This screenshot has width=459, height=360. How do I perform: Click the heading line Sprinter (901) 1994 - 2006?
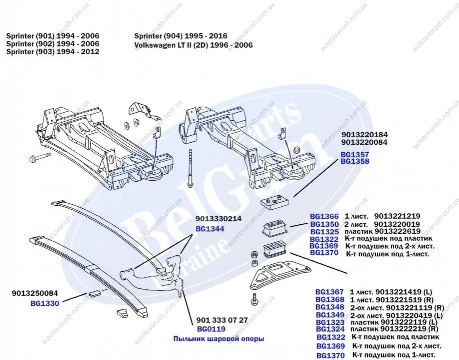(x=53, y=37)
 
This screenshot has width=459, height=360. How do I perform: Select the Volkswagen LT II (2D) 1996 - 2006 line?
(x=193, y=45)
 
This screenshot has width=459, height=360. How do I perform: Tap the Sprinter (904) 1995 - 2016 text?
(x=181, y=37)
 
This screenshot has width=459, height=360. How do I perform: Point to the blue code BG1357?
(x=355, y=155)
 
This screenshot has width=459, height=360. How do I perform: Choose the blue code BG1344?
(x=209, y=228)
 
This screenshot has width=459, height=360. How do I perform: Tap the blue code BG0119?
(x=211, y=329)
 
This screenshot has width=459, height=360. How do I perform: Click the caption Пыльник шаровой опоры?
(x=218, y=339)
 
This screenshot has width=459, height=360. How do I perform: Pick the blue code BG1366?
(x=324, y=216)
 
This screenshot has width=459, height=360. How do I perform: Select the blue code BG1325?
(x=324, y=232)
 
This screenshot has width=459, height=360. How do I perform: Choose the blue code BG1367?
(x=330, y=291)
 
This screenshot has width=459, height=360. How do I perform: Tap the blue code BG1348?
(x=330, y=307)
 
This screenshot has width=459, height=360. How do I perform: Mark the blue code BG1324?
(x=330, y=329)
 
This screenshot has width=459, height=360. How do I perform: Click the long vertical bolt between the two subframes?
(x=191, y=168)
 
